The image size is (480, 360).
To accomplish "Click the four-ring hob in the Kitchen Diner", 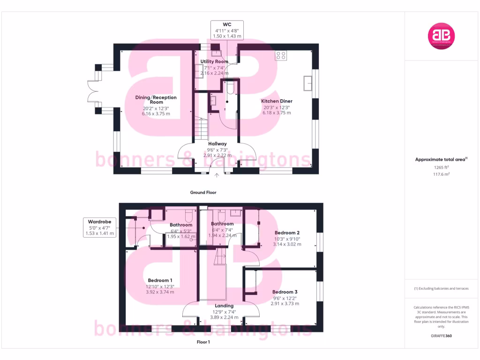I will tap(281, 55).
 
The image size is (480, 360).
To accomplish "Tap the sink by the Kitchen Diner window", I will tap(308, 82).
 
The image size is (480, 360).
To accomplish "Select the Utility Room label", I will tap(214, 61).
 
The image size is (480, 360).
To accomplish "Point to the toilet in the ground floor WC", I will tap(230, 88).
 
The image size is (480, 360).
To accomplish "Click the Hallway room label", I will tap(217, 144).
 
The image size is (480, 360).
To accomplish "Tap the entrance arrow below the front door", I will tap(217, 176).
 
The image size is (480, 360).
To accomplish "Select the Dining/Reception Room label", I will tap(156, 99).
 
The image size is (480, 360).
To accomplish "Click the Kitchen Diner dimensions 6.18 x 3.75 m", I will tap(277, 113).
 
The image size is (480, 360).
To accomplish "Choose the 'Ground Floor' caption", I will tap(203, 192).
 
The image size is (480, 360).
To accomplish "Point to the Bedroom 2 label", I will tap(287, 233).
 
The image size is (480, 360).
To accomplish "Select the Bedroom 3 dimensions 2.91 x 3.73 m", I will tap(286, 303).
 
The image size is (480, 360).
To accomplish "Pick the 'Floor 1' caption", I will tap(203, 342).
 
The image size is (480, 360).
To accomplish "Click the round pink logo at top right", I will tap(441, 36).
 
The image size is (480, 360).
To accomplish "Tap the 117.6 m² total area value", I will tap(441, 174).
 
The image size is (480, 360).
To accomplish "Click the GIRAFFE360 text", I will tap(441, 336).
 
